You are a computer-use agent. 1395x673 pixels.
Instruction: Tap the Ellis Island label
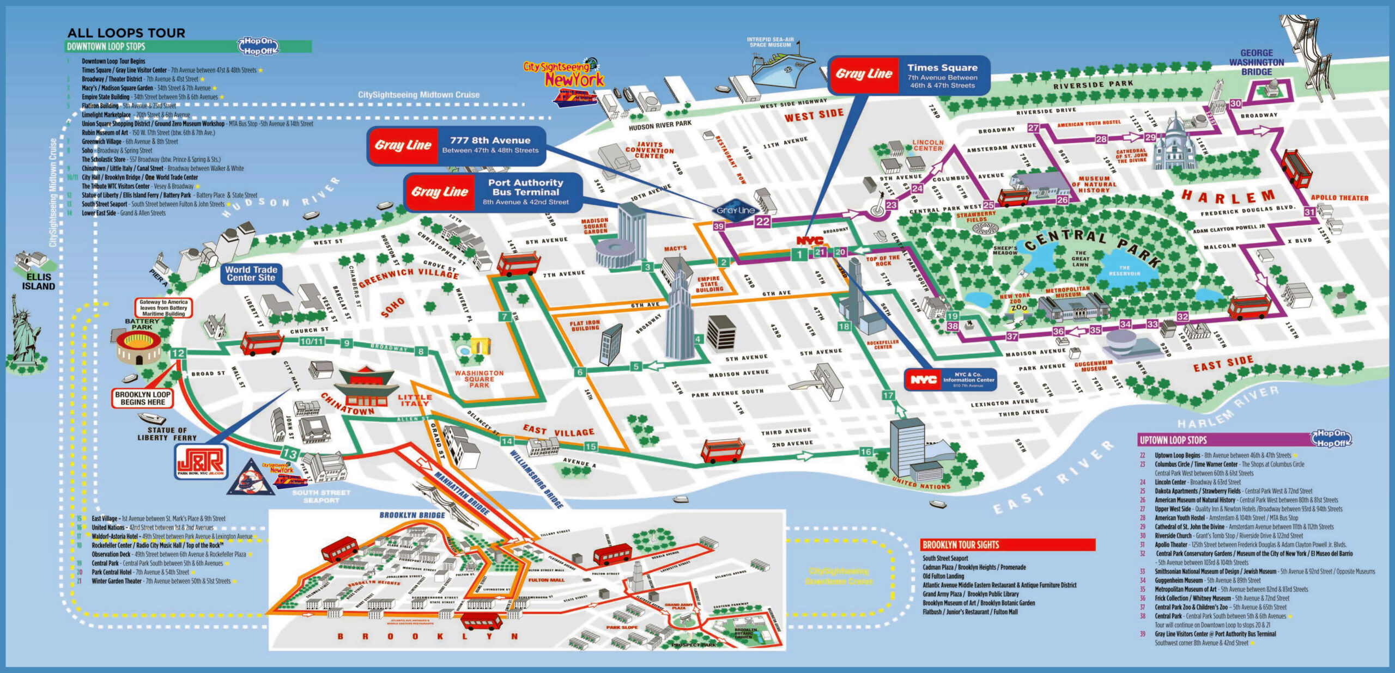pyautogui.click(x=38, y=282)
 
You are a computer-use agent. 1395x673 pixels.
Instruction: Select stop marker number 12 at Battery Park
pyautogui.click(x=178, y=353)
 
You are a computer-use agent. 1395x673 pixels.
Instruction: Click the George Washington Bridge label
pyautogui.click(x=1256, y=62)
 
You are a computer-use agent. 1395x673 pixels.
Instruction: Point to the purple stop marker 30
pyautogui.click(x=1235, y=103)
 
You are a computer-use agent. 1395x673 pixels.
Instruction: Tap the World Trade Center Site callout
pyautogui.click(x=251, y=273)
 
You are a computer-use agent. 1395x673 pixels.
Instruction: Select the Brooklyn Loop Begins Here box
pyautogui.click(x=143, y=398)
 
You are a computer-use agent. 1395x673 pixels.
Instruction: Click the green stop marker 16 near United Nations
pyautogui.click(x=866, y=451)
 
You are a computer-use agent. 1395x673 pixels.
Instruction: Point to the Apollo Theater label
pyautogui.click(x=1339, y=198)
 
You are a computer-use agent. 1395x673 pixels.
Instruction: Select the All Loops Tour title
pyautogui.click(x=126, y=33)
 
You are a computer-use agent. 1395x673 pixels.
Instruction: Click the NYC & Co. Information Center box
pyautogui.click(x=951, y=380)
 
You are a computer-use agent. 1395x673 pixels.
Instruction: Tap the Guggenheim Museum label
pyautogui.click(x=1094, y=366)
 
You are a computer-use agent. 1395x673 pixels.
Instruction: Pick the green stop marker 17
pyautogui.click(x=888, y=395)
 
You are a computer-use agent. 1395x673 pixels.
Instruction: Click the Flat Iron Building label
pyautogui.click(x=585, y=326)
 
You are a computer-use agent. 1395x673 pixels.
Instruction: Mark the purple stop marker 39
pyautogui.click(x=719, y=226)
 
